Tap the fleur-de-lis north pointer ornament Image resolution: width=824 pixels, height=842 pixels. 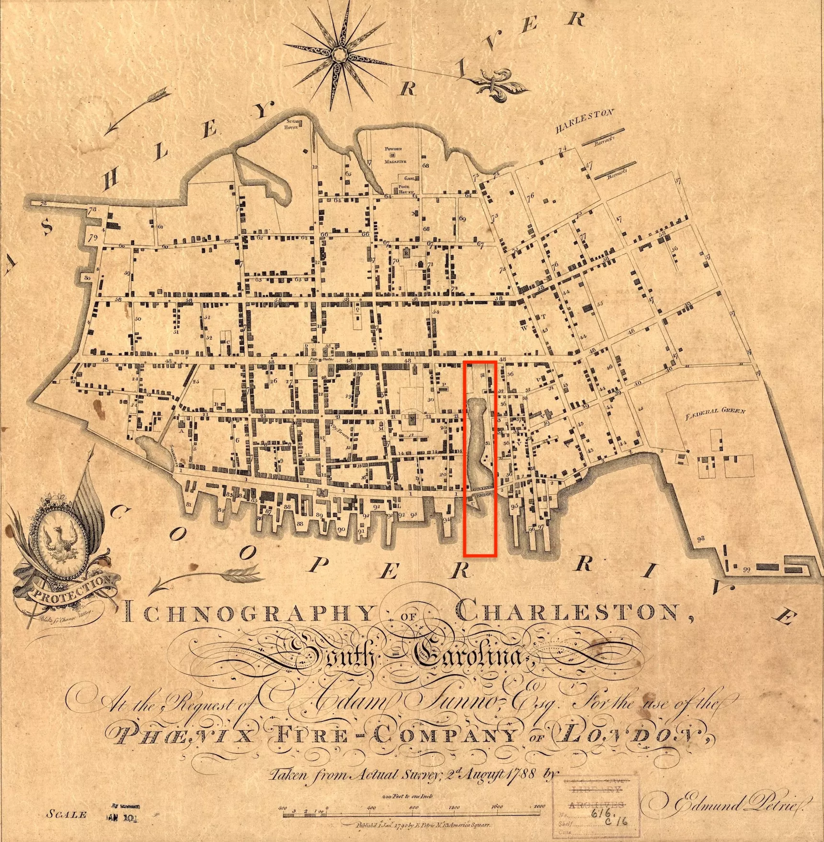pos(498,84)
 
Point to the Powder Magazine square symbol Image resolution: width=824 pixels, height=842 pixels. pos(392,155)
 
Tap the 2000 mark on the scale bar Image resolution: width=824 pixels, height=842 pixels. pos(539,807)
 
